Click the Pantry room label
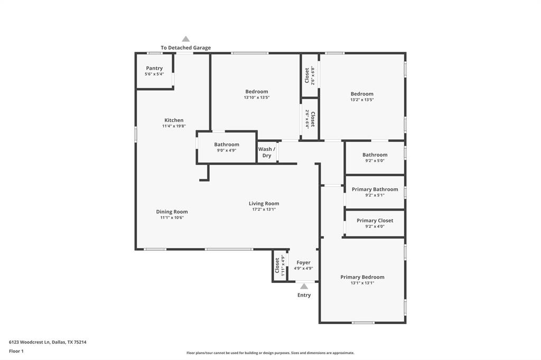[x=154, y=68]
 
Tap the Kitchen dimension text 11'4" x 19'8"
[x=174, y=127]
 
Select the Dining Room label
[x=172, y=212]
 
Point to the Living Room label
[x=264, y=203]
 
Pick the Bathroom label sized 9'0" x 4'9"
[x=226, y=145]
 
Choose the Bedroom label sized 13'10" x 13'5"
[x=256, y=92]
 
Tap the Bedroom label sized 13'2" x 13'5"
[x=362, y=94]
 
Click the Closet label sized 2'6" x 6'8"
[x=307, y=75]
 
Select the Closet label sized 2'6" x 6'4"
[x=313, y=119]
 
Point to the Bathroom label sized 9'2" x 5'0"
[x=375, y=155]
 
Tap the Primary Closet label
[x=375, y=221]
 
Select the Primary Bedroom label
[x=362, y=277]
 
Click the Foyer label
[x=303, y=262]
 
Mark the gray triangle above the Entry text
[x=304, y=286]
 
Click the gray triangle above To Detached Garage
[x=185, y=39]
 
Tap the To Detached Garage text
[x=185, y=48]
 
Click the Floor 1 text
[x=16, y=351]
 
